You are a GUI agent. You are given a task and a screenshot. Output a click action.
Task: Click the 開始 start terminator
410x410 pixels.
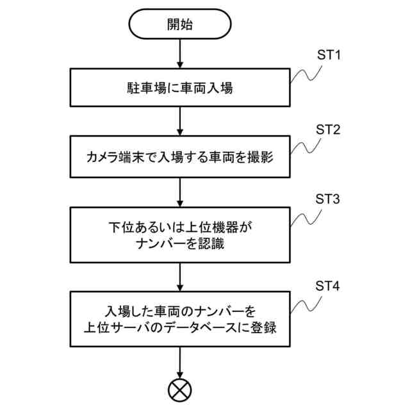pos(180,26)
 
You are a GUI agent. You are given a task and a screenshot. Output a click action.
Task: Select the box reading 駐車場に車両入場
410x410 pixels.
pos(180,87)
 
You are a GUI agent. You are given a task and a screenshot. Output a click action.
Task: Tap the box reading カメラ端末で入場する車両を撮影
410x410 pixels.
pos(180,156)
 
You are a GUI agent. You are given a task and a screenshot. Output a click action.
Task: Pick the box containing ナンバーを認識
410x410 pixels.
pos(180,234)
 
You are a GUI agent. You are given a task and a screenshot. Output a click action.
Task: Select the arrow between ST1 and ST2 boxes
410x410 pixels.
pos(180,121)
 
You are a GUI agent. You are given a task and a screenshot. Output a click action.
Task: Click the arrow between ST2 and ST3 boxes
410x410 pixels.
pos(180,191)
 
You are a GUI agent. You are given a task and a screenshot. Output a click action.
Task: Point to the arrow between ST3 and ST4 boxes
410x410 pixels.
pos(180,277)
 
